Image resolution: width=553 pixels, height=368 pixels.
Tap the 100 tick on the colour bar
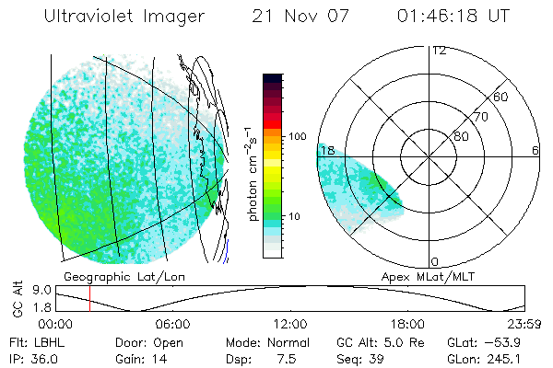[x=297, y=136]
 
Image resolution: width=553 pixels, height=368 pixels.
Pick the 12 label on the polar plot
[x=439, y=50]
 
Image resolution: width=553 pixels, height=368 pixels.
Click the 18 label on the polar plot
[x=325, y=150]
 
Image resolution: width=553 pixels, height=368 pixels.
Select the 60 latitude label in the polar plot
[x=501, y=97]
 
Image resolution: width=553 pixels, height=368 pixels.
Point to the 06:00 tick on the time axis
[x=172, y=324]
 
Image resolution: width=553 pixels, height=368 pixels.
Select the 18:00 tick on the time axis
[x=406, y=324]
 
